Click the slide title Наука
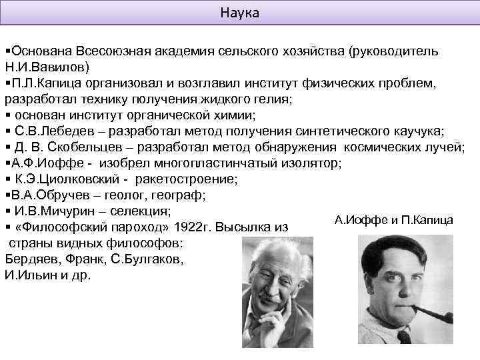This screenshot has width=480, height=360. [240, 13]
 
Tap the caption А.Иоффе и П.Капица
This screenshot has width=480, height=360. [394, 220]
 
